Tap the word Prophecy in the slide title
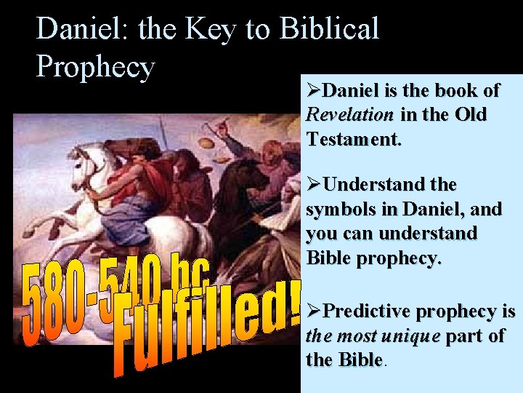tap(96, 66)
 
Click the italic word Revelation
tap(349, 114)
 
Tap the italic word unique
tap(415, 336)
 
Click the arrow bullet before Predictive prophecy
tap(313, 311)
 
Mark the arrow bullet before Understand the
tap(313, 185)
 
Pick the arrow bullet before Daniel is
tap(313, 90)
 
